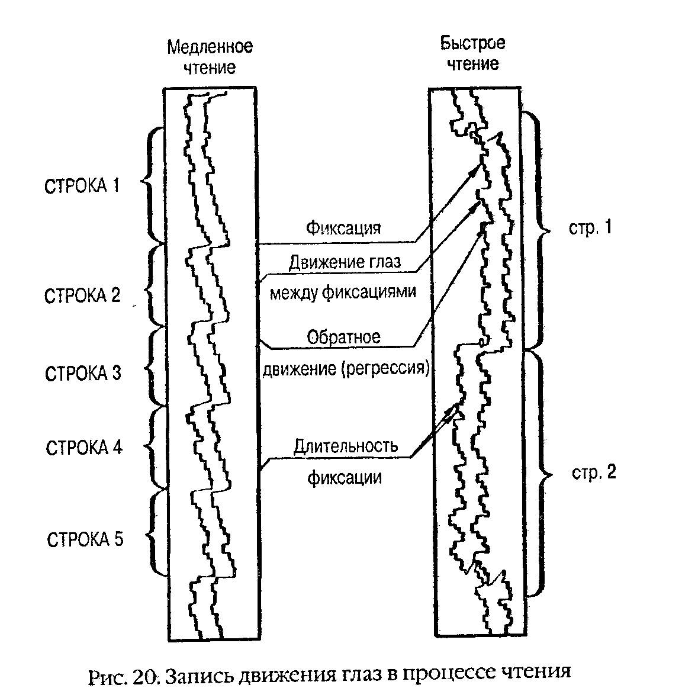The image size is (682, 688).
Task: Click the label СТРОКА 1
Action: pyautogui.click(x=82, y=186)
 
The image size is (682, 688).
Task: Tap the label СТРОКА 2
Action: pyautogui.click(x=82, y=295)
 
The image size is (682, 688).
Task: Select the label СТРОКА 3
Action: pyautogui.click(x=83, y=374)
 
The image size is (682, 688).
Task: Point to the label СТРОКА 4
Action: pyautogui.click(x=83, y=447)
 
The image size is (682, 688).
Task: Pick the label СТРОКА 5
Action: pyautogui.click(x=85, y=540)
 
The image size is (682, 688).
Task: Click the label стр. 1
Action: pyautogui.click(x=590, y=228)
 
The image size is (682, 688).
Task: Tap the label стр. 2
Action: pyautogui.click(x=593, y=472)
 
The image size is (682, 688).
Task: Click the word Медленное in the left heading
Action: pyautogui.click(x=210, y=47)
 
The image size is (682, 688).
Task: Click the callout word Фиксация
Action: pyautogui.click(x=343, y=228)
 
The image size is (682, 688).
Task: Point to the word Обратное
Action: pyautogui.click(x=343, y=337)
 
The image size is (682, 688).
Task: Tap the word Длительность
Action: pyautogui.click(x=345, y=446)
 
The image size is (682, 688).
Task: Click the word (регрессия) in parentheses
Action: pyautogui.click(x=384, y=368)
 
